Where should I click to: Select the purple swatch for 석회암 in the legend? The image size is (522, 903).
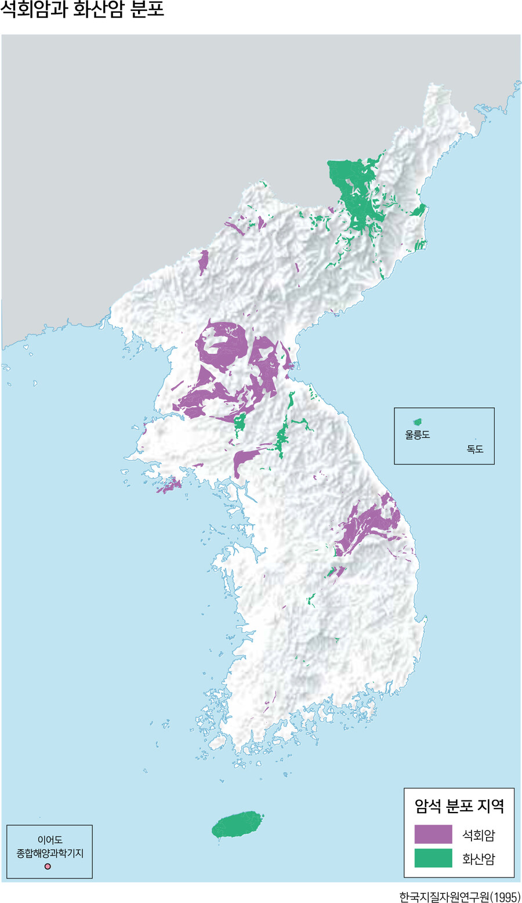click(x=433, y=834)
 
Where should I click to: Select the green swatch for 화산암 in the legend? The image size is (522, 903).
click(x=433, y=858)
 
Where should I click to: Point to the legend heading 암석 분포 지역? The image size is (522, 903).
click(x=459, y=806)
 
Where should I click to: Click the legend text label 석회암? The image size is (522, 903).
click(x=478, y=835)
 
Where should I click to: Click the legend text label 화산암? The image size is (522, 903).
click(x=478, y=859)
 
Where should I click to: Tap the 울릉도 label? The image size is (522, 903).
click(x=417, y=434)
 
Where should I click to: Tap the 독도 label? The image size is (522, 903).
click(x=474, y=449)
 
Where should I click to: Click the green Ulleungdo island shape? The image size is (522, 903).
click(x=416, y=422)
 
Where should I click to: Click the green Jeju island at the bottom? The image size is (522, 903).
click(x=237, y=824)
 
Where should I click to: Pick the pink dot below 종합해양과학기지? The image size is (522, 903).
click(x=48, y=866)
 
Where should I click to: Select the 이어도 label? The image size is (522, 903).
click(x=50, y=840)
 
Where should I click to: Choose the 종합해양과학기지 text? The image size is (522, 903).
click(x=50, y=853)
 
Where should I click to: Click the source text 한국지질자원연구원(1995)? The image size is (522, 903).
click(x=459, y=897)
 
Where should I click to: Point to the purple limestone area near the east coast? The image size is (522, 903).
click(x=371, y=522)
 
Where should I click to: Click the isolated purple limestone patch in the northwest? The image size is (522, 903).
click(x=203, y=261)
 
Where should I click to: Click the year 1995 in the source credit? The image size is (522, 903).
click(x=504, y=897)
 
